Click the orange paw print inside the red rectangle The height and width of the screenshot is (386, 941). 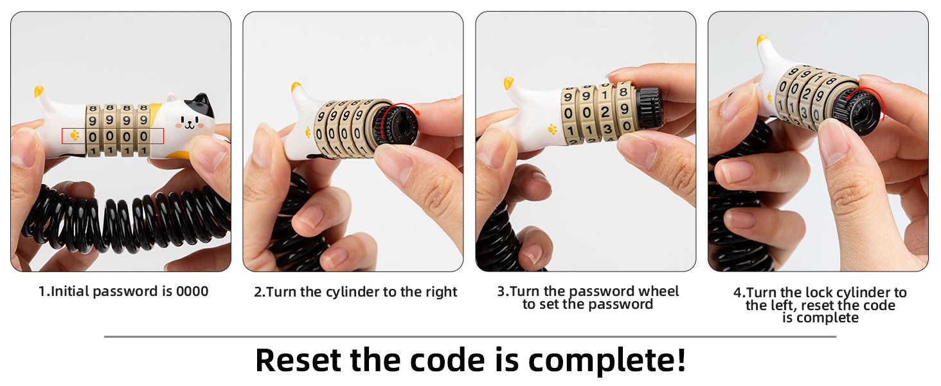click(x=75, y=135)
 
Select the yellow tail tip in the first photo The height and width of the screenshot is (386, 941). click(x=39, y=91)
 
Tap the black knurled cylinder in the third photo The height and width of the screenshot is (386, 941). click(x=649, y=107)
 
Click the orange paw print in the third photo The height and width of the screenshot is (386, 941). click(x=553, y=129)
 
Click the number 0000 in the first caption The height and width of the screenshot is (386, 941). click(x=192, y=291)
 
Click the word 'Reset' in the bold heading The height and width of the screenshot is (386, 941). click(x=298, y=360)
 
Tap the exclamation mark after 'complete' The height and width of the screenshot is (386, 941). click(x=681, y=360)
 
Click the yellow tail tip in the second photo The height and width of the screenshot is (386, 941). click(x=296, y=87)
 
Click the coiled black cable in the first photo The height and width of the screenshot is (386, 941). click(x=126, y=219)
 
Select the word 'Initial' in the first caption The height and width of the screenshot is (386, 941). click(x=69, y=291)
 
